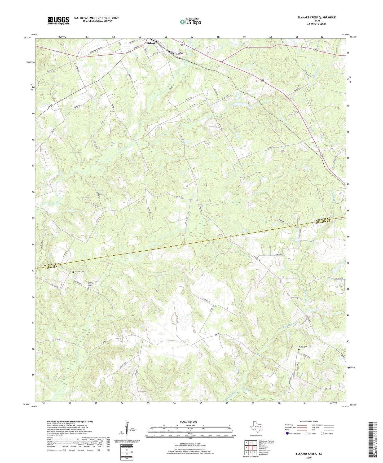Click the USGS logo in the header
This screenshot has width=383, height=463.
[x=58, y=20]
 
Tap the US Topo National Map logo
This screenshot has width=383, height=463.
[x=190, y=22]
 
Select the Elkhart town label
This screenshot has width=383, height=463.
[x=151, y=43]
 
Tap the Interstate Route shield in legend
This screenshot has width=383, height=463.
[x=288, y=433]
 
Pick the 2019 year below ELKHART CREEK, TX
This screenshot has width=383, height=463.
[x=309, y=457]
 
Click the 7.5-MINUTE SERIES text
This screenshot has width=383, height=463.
[x=316, y=24]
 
